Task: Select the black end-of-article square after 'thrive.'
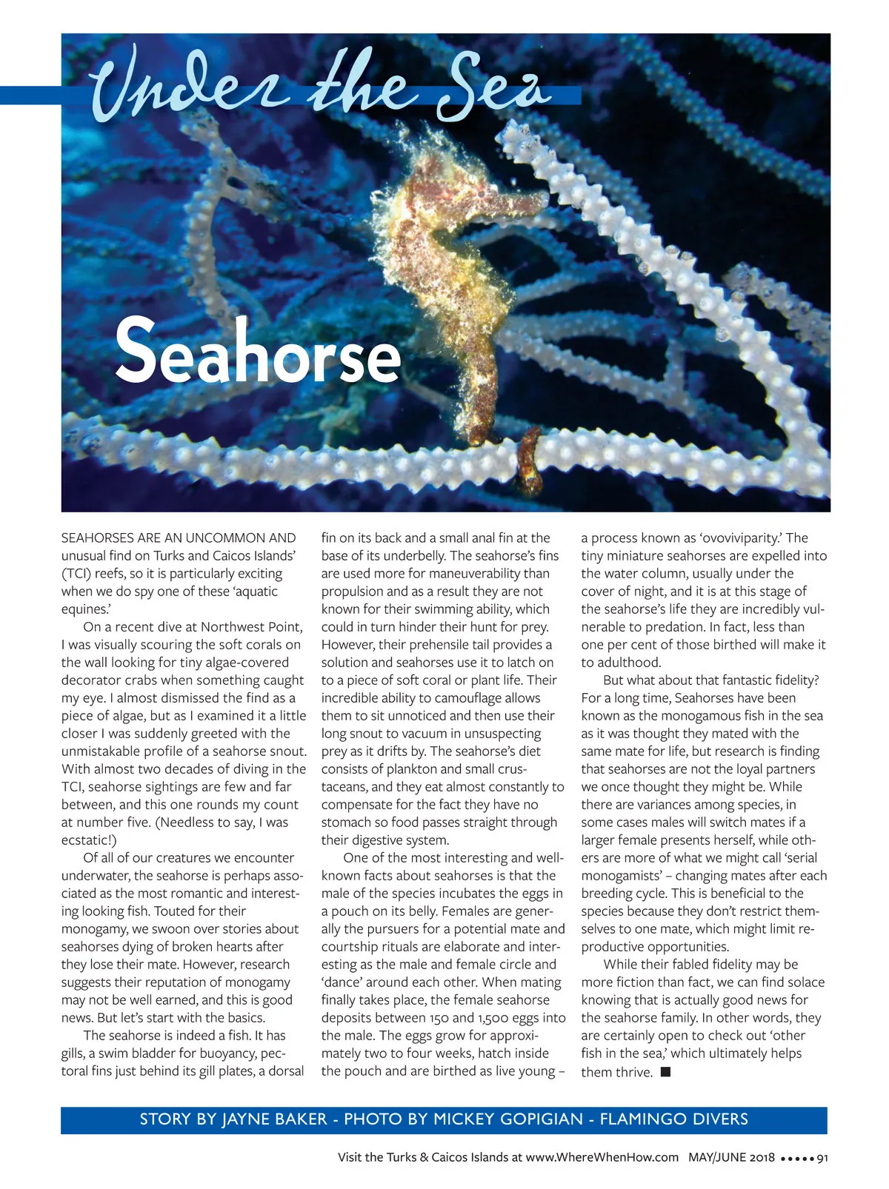click(x=665, y=1071)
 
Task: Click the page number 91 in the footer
click(x=821, y=1158)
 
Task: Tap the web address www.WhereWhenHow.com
click(x=602, y=1157)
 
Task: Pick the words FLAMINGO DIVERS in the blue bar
click(x=673, y=1119)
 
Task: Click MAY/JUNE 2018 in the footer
click(x=731, y=1157)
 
